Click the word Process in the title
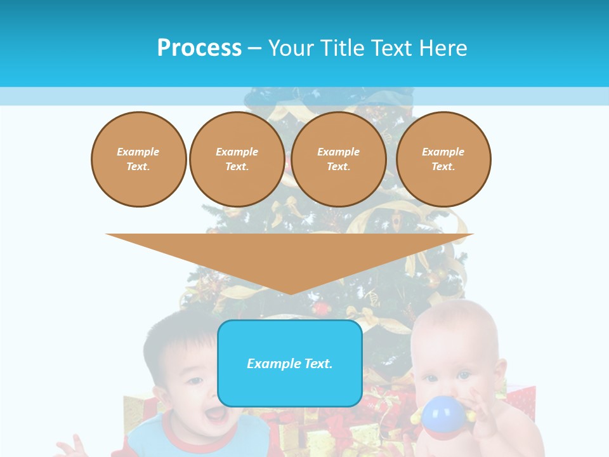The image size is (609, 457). tap(199, 48)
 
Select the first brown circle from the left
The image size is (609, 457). tap(139, 159)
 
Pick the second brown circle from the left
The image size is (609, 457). tap(237, 159)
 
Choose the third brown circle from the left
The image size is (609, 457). tap(339, 159)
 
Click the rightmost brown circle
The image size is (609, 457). tap(443, 159)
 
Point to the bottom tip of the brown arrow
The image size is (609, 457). tap(290, 293)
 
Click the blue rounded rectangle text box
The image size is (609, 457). tap(290, 363)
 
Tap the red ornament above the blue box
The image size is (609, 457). tap(322, 309)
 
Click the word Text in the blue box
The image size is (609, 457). tap(317, 364)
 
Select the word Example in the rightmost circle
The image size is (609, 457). tap(443, 152)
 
